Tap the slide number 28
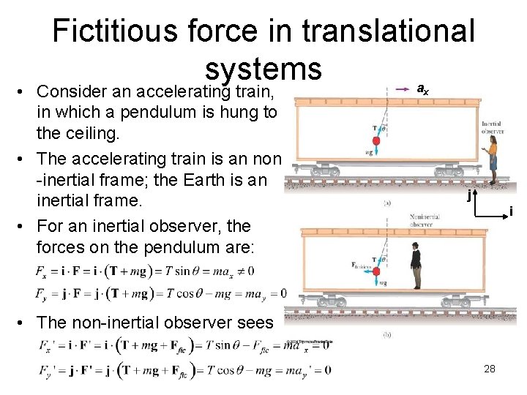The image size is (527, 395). pyautogui.click(x=490, y=369)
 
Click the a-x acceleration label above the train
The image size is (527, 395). pyautogui.click(x=422, y=89)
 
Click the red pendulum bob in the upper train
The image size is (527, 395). pyautogui.click(x=376, y=140)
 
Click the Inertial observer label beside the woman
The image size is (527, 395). pyautogui.click(x=491, y=128)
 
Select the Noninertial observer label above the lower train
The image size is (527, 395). pyautogui.click(x=424, y=220)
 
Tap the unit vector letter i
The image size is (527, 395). pyautogui.click(x=511, y=212)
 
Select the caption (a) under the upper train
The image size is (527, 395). pyautogui.click(x=386, y=203)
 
